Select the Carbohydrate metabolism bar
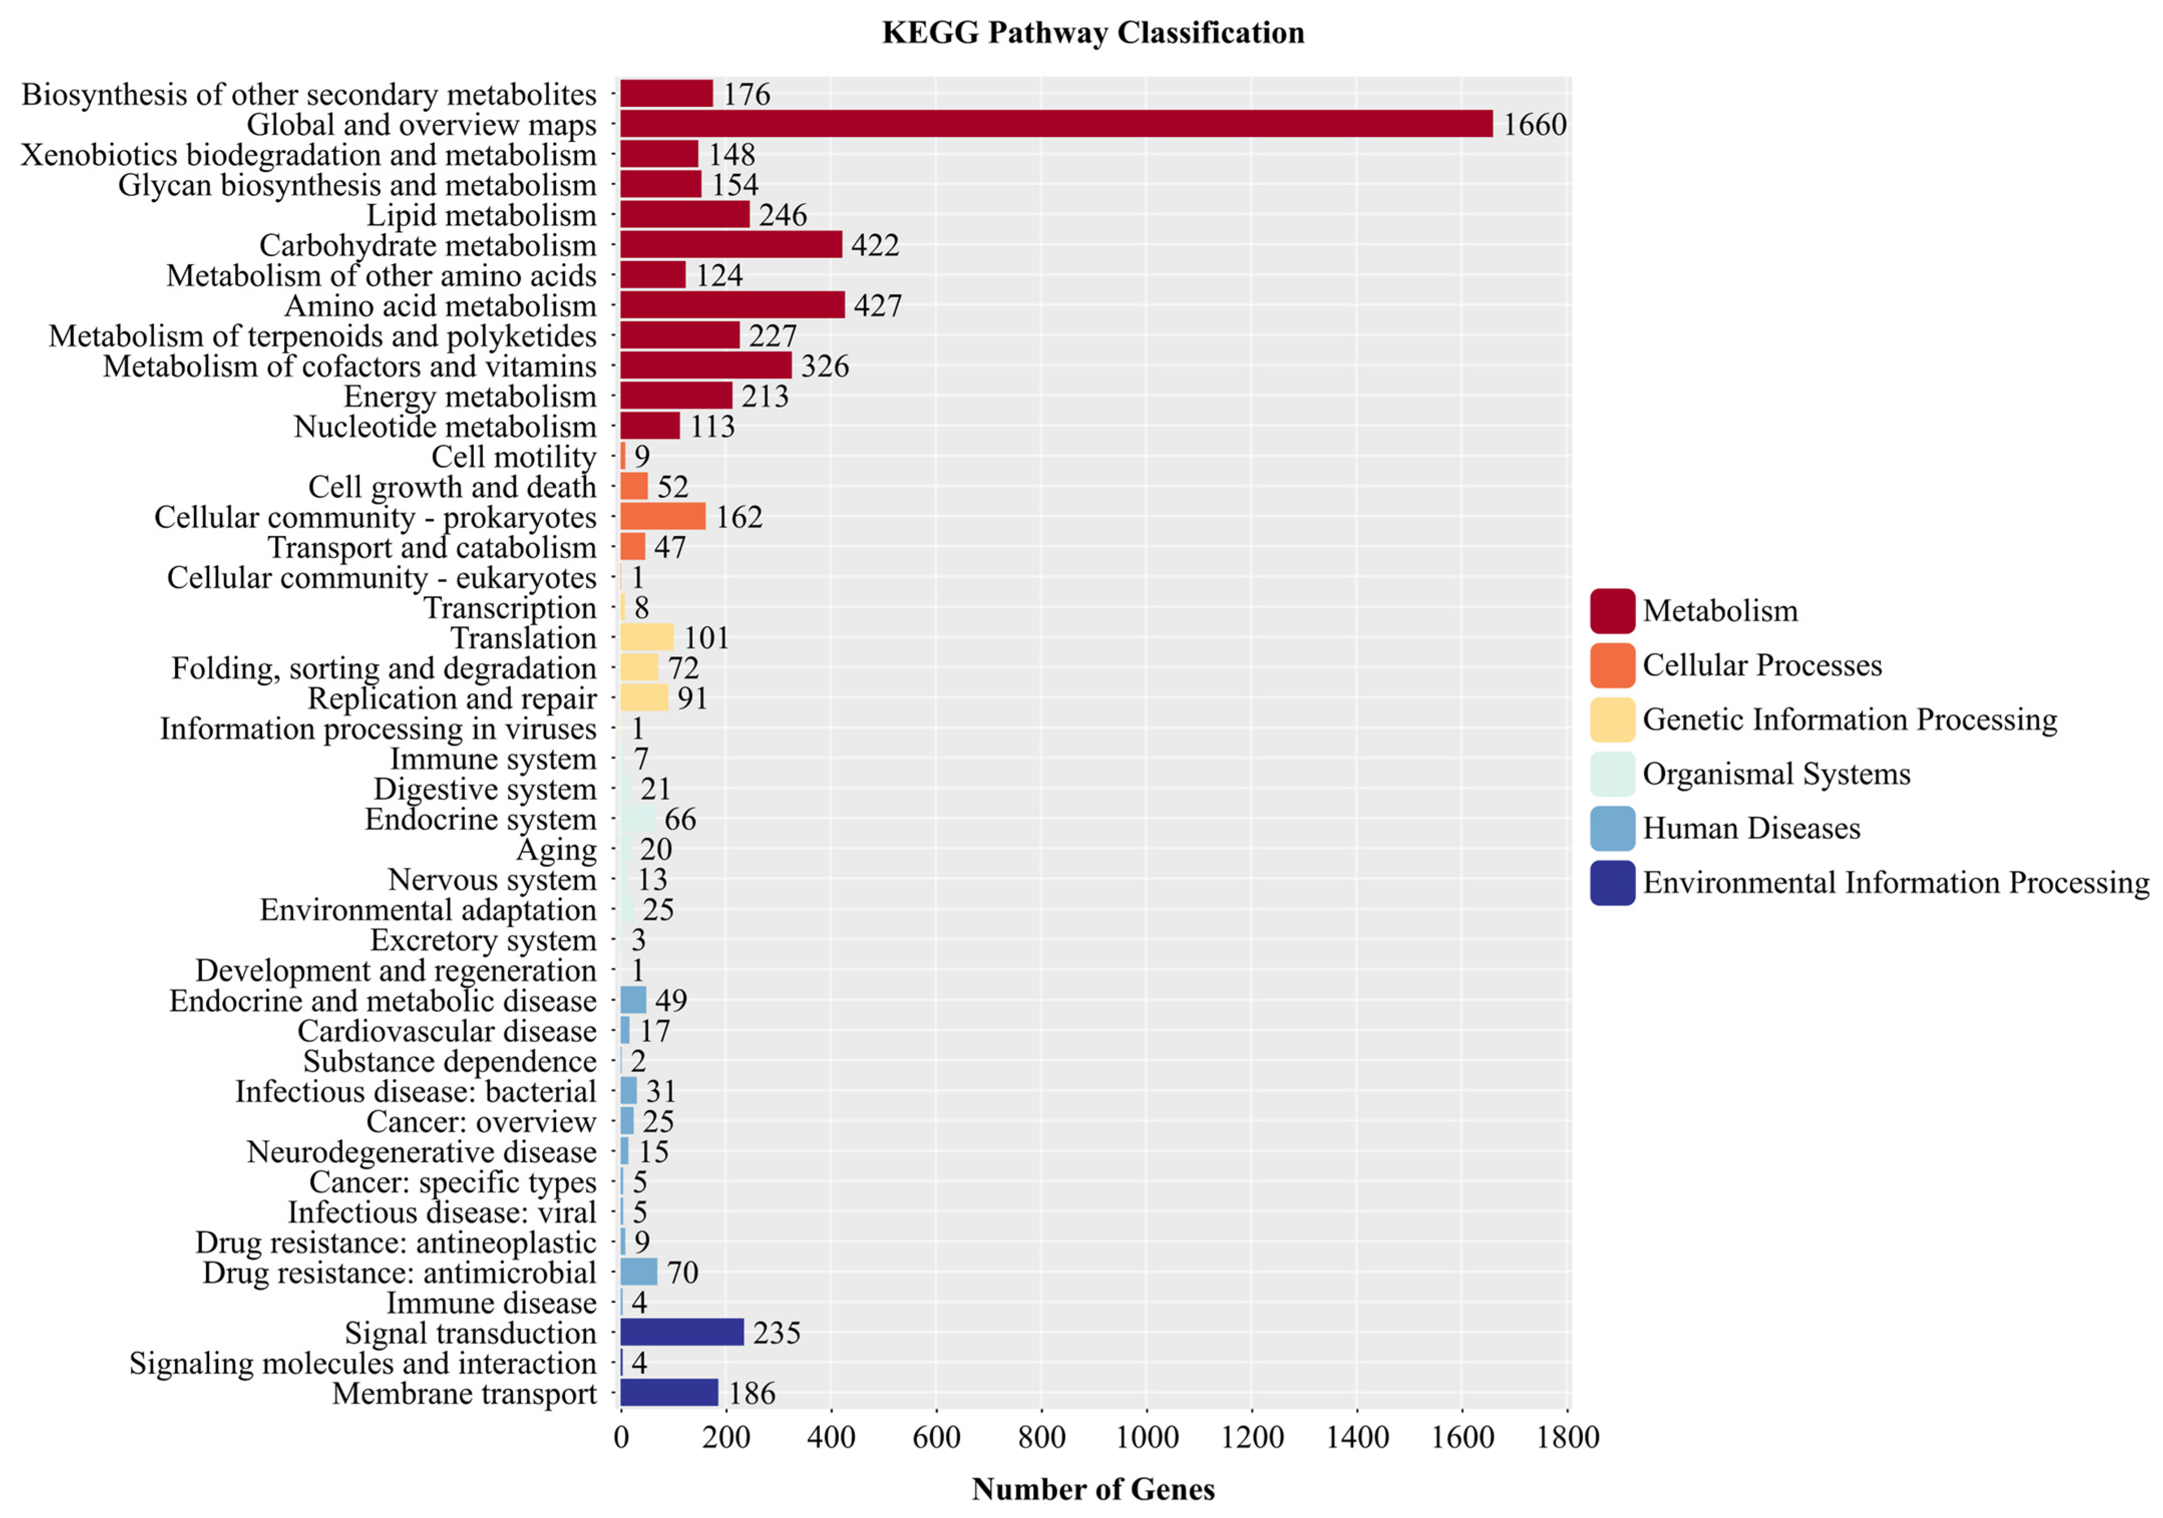730,245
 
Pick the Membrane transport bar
669,1393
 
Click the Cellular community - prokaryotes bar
662,516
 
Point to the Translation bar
646,637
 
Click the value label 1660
1534,124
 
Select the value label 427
877,305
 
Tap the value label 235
776,1333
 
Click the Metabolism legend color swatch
1612,611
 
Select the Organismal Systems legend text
1776,774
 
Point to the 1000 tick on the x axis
1146,1437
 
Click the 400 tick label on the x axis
831,1437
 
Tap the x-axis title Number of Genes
1093,1489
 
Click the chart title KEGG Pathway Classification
1093,33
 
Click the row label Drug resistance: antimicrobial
400,1272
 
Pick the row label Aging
556,849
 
